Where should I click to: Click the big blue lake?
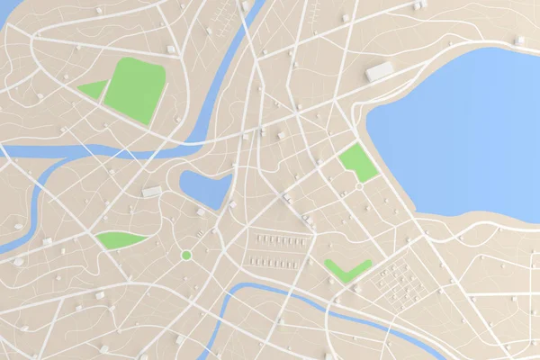click(x=459, y=135)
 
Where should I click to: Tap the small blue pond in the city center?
click(x=206, y=188)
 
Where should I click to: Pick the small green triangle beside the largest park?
click(x=94, y=89)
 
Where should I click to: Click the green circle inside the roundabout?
click(x=186, y=256)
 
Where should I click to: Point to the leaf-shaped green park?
click(x=119, y=239)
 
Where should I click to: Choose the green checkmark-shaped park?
click(x=346, y=270)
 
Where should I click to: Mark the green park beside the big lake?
click(x=358, y=163)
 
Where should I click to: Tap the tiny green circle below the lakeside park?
click(x=360, y=185)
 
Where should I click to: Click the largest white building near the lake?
click(x=380, y=71)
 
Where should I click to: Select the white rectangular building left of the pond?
click(x=152, y=192)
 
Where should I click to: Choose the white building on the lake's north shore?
click(x=519, y=40)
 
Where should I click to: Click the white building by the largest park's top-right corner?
click(x=171, y=49)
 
